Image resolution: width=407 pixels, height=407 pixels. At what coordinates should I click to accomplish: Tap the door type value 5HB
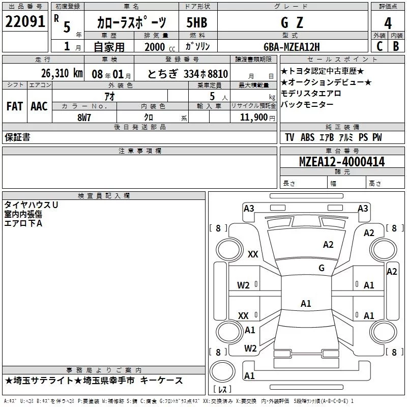(x=197, y=23)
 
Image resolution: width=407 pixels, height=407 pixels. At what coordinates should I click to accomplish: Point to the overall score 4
(x=388, y=23)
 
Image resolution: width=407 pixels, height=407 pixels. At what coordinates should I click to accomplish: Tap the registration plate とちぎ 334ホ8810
(x=187, y=73)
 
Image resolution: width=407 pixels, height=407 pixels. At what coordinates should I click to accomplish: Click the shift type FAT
(x=14, y=106)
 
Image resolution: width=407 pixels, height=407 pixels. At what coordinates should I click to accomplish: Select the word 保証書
(x=17, y=137)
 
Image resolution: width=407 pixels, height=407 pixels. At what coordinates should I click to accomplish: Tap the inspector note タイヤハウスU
(x=31, y=205)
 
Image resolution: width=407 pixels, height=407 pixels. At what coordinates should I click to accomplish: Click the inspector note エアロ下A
(x=23, y=223)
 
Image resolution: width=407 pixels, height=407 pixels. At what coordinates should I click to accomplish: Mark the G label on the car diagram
(x=321, y=268)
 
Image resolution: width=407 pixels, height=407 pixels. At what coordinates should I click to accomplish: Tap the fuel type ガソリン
(x=197, y=46)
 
